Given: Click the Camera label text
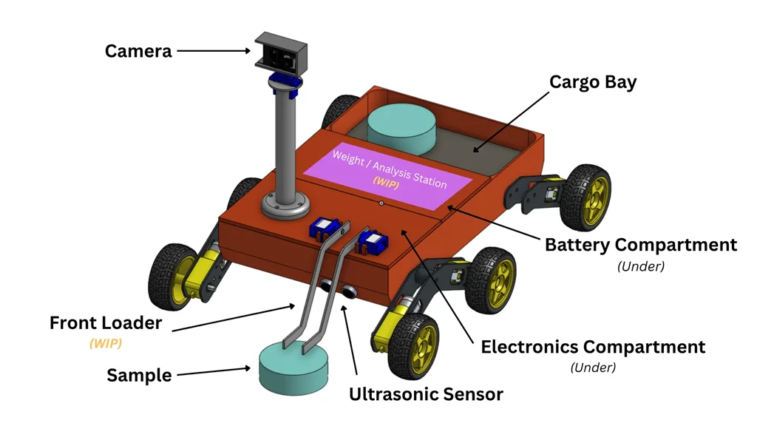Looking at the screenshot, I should (x=138, y=51).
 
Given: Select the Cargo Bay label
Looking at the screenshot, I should (x=592, y=81).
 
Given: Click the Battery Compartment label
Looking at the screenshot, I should (x=640, y=245).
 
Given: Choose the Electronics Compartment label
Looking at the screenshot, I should (x=593, y=346).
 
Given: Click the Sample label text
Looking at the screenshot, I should (x=139, y=375).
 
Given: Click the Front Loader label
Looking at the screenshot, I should (x=105, y=323).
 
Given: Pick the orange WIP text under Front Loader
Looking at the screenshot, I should (x=106, y=343).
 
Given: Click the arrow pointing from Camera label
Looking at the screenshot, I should (x=214, y=51).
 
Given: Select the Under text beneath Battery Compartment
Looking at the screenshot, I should (x=640, y=266).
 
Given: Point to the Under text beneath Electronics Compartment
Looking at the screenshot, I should (x=593, y=367).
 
